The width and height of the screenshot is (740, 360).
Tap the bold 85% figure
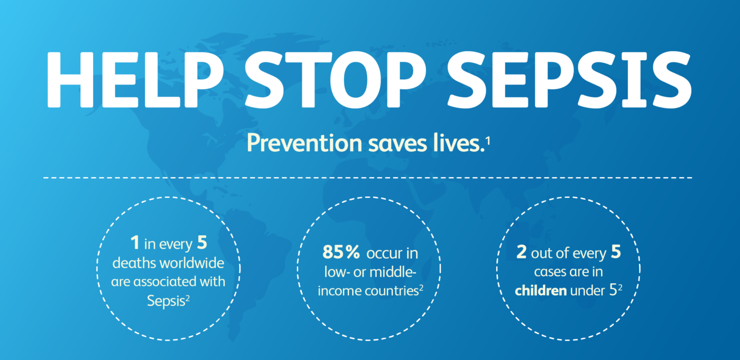(x=341, y=253)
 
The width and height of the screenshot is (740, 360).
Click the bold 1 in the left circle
(x=135, y=244)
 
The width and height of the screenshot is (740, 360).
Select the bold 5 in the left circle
(x=201, y=244)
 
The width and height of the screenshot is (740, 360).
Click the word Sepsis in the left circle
(x=164, y=300)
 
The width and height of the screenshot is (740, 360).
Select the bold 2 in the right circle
(x=521, y=253)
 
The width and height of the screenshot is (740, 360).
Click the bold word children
(x=540, y=290)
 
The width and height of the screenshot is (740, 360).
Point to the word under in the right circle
(x=586, y=290)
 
